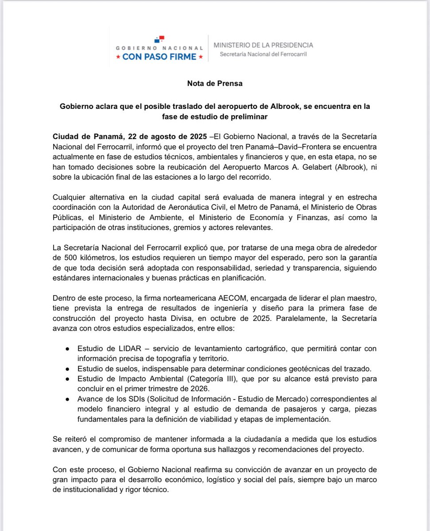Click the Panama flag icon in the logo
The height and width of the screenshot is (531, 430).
(x=159, y=39)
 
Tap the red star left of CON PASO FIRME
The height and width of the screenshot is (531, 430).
(x=118, y=57)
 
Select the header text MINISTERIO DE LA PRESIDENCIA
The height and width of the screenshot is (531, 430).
(x=263, y=45)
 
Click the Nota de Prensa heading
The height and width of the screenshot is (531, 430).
(x=215, y=83)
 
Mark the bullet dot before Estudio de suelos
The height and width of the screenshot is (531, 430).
(x=67, y=369)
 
